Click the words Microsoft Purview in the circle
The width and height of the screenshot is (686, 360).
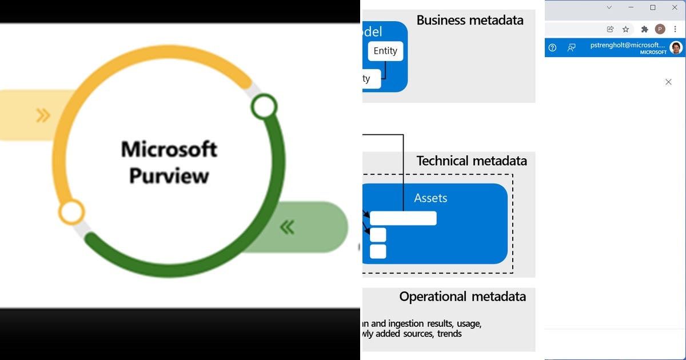tap(169, 162)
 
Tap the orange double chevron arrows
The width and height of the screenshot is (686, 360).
tap(43, 115)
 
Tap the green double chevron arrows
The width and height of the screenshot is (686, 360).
tap(287, 227)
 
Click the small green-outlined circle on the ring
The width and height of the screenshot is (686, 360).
tap(264, 106)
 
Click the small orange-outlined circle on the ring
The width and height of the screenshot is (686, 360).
tap(71, 212)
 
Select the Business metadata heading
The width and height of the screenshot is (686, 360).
tap(470, 21)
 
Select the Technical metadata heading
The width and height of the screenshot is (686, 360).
tap(472, 161)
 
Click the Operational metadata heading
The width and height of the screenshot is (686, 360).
tap(462, 297)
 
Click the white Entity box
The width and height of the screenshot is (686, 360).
tap(385, 51)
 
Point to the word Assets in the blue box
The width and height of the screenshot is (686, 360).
tap(430, 198)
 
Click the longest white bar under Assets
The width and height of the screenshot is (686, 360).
tap(403, 218)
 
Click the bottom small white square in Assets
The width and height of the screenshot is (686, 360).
tap(378, 251)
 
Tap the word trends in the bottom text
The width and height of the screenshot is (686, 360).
tap(449, 334)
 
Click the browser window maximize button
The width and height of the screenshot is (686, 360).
tap(653, 7)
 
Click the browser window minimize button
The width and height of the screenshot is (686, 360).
tap(631, 7)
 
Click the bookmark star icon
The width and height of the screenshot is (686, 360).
tap(626, 29)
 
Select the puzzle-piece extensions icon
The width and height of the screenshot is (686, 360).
tap(644, 29)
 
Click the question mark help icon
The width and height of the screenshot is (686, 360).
tap(552, 48)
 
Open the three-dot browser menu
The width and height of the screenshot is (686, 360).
tap(675, 29)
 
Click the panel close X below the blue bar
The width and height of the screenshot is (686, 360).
tap(668, 82)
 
